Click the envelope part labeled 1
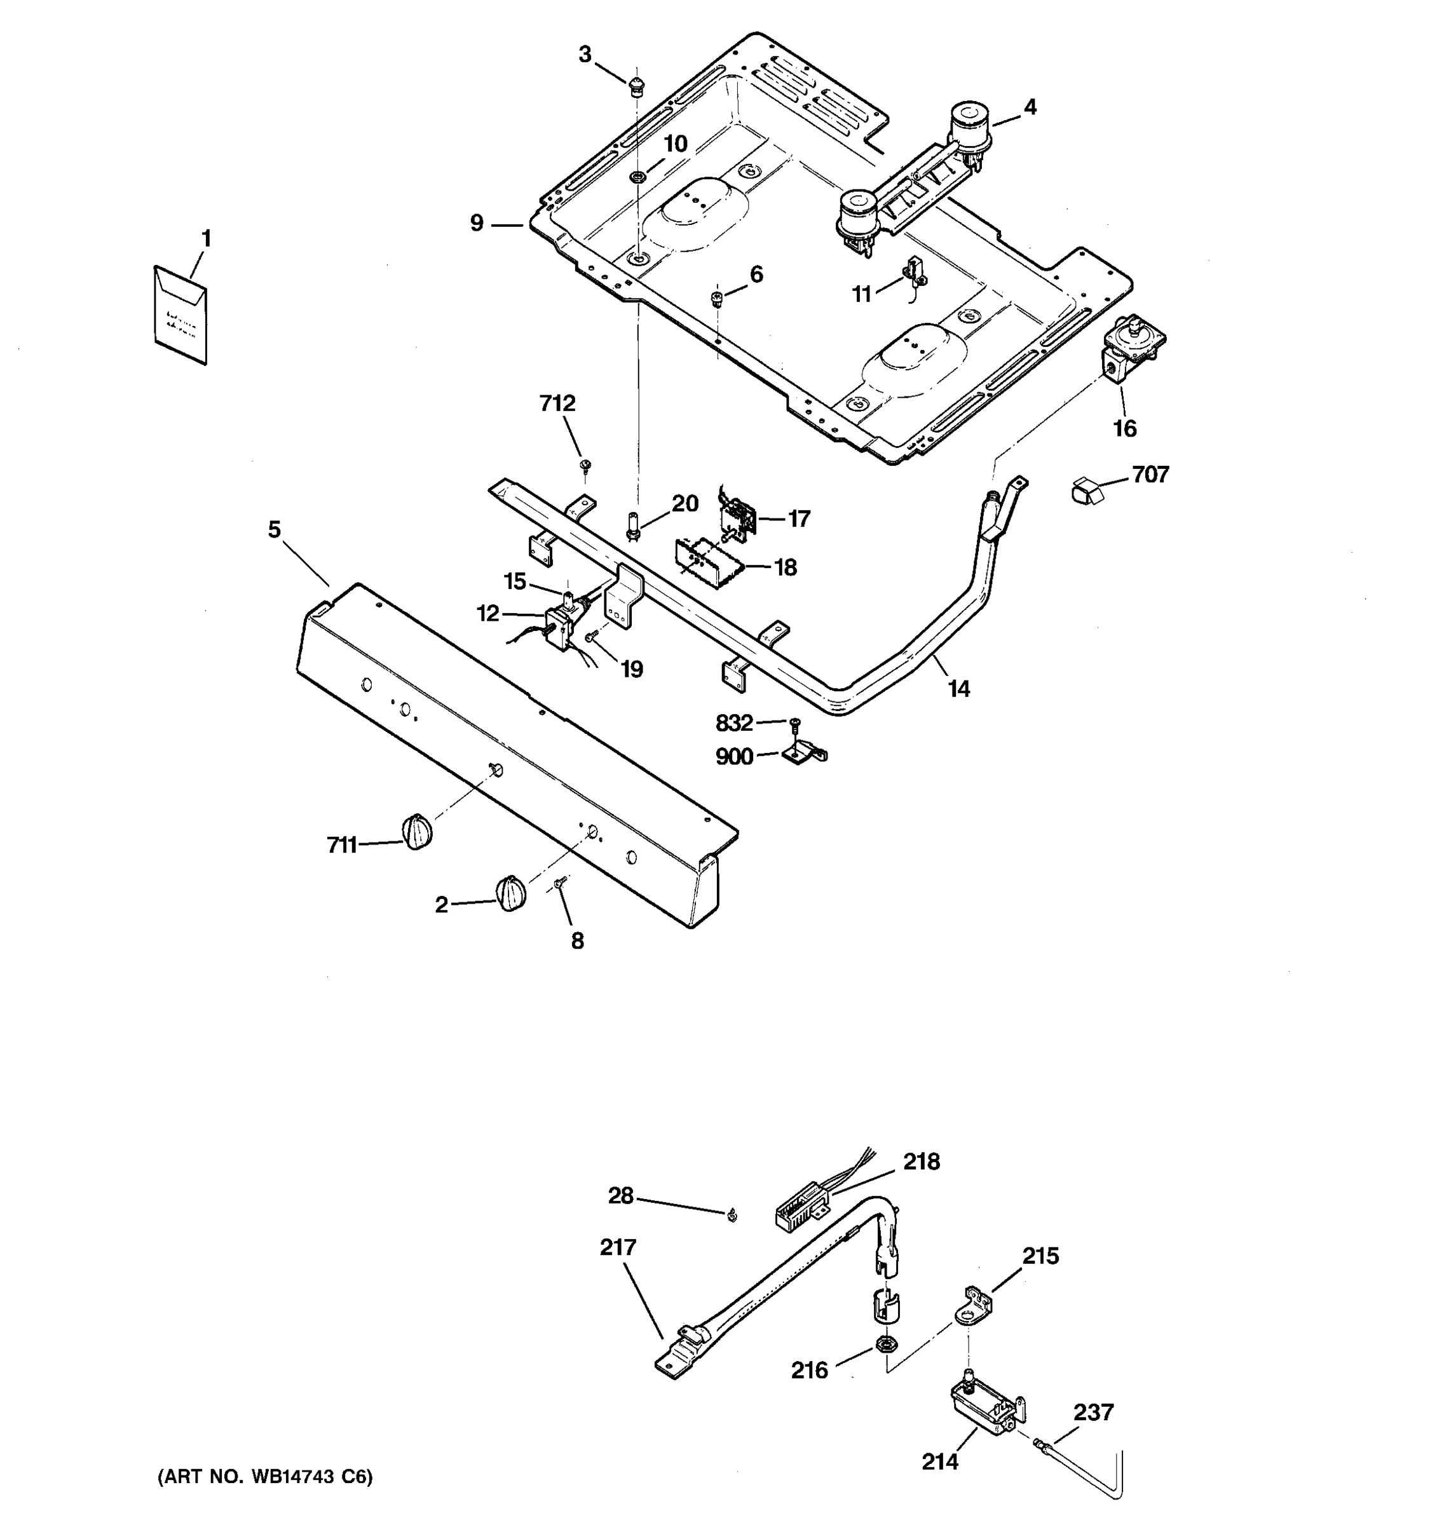[180, 315]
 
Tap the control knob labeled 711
[416, 832]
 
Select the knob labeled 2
[511, 893]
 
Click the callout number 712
[557, 403]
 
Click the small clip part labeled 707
[1085, 489]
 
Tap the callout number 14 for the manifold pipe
[959, 689]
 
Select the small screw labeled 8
[560, 884]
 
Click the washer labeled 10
[637, 178]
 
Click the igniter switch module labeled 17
[737, 518]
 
